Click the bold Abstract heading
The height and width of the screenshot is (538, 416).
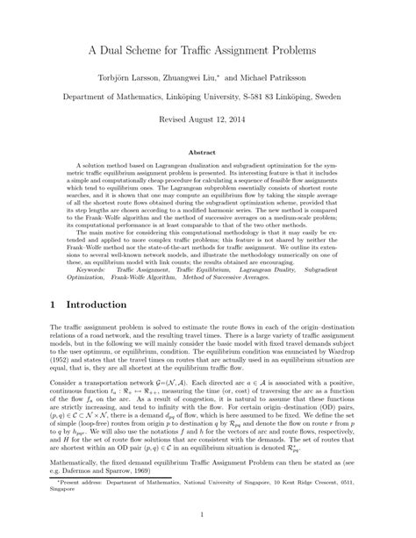208,151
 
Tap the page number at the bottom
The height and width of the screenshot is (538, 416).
208,517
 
